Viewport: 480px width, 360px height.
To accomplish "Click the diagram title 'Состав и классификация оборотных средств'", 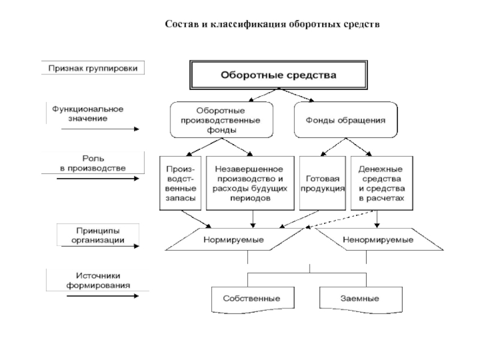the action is (x=272, y=24).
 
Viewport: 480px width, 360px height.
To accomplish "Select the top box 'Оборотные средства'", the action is (x=278, y=75).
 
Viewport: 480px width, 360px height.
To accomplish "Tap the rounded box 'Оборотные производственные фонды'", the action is (x=221, y=120).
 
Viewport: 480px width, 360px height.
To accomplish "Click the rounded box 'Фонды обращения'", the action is (x=346, y=120).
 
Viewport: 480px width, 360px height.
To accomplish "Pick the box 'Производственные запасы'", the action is (x=181, y=184).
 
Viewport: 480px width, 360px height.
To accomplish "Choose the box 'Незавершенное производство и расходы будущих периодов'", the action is (x=250, y=184).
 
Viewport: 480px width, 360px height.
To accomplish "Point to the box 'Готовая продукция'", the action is (x=322, y=184).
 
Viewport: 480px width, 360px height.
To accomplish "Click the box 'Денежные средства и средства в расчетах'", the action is (x=382, y=184).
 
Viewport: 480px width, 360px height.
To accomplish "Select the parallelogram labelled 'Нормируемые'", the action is (x=234, y=239).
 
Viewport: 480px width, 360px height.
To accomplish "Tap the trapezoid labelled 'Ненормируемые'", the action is (x=379, y=239).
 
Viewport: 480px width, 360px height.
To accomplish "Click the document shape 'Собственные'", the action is (x=253, y=299).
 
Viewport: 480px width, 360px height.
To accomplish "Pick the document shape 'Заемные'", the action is (x=361, y=299).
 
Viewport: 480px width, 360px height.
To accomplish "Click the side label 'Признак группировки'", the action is (x=93, y=68).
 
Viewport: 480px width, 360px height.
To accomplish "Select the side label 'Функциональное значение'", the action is (x=88, y=113).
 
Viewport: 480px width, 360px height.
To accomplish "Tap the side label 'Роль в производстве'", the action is (x=93, y=163).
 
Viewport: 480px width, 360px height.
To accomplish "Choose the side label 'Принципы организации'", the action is (x=98, y=235).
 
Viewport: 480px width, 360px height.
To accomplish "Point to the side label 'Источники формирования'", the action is (x=98, y=280).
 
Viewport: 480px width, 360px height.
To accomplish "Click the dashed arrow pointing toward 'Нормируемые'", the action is (x=340, y=219).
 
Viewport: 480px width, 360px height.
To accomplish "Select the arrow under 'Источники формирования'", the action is (x=103, y=296).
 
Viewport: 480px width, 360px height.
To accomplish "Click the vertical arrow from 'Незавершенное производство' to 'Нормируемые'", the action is (x=253, y=219).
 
